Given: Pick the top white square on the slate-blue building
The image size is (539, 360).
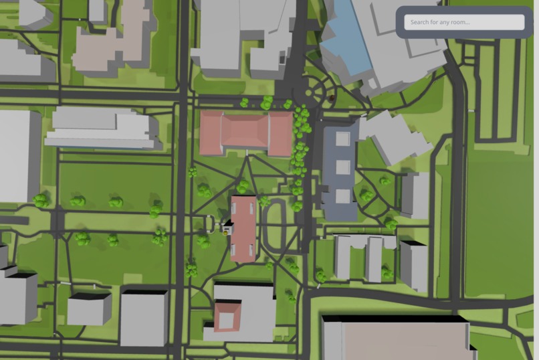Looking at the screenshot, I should coord(342,139).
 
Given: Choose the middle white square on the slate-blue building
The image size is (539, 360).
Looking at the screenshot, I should coord(342,167).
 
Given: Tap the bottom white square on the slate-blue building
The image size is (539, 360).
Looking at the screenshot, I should coord(342,196).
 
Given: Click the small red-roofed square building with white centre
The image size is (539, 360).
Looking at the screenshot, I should coord(227,317).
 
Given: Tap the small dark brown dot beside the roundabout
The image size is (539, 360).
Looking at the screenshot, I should coord(332,99).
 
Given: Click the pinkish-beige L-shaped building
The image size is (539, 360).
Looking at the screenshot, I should coord(114,40).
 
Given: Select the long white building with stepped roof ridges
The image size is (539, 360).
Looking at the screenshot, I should coord(100,128).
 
